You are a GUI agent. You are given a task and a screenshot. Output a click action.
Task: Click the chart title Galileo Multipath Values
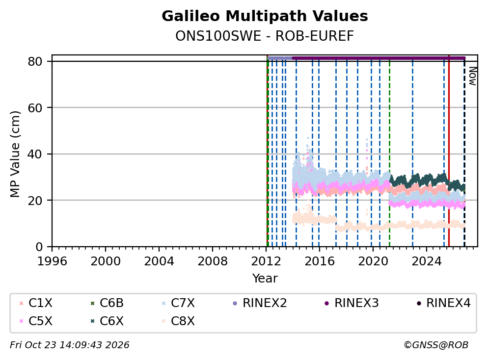[x=265, y=16]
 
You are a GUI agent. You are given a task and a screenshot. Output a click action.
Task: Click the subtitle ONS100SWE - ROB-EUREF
[x=265, y=36]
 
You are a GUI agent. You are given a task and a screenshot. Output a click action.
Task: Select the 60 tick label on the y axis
[x=35, y=108]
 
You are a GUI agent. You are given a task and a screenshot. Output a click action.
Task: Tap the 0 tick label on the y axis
[x=39, y=247]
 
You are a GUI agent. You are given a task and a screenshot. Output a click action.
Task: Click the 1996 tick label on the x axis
[x=52, y=261]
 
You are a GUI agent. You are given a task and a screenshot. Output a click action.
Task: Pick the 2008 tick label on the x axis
[x=213, y=261]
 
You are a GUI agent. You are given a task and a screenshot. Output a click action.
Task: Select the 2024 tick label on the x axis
[x=427, y=261]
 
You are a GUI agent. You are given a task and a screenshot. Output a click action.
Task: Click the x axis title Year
[x=265, y=278]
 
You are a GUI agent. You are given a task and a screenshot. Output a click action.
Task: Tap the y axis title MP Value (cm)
[x=15, y=154]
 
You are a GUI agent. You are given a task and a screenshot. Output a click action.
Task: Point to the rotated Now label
[x=472, y=76]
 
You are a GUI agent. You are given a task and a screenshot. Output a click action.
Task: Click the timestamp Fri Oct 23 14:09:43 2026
[x=70, y=345]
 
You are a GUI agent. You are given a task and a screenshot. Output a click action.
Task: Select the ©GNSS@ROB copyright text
[x=436, y=345]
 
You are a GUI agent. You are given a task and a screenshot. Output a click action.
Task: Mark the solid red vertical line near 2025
[x=449, y=151]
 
